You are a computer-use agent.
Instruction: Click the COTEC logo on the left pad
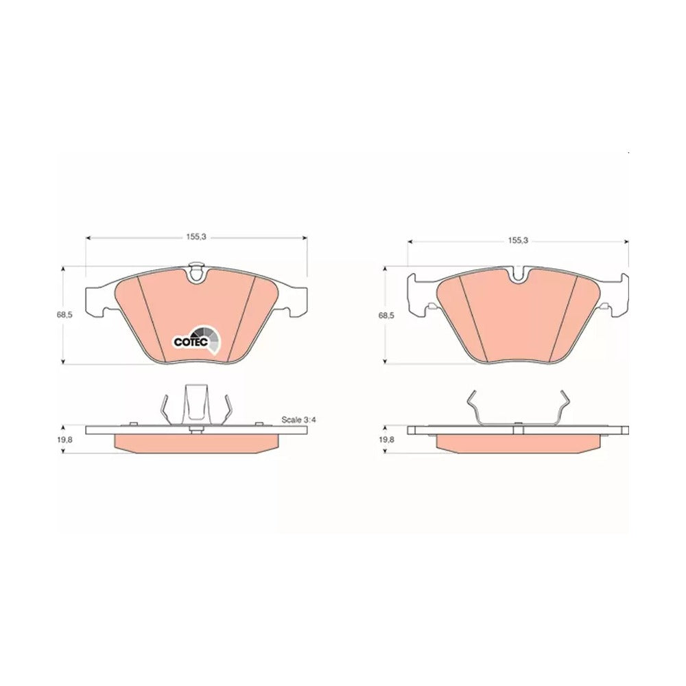(197, 339)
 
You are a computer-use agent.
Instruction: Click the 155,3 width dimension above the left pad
(196, 237)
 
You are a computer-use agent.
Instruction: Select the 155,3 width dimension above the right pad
(518, 240)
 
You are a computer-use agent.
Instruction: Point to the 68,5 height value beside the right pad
(386, 315)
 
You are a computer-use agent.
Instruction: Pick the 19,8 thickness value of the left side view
(64, 440)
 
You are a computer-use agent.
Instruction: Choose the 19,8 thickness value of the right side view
(386, 440)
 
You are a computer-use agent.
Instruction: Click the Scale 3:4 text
(298, 420)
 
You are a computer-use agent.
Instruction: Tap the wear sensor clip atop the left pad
(196, 272)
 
